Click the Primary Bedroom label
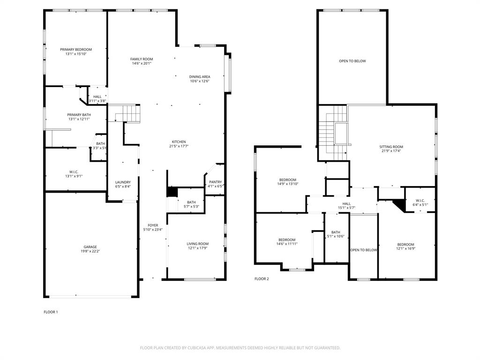point(76,49)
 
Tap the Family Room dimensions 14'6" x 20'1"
point(142,64)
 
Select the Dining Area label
point(199,76)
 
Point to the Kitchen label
point(179,142)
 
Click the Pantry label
point(215,182)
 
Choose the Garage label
point(90,247)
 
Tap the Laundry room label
point(123,182)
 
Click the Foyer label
point(153,225)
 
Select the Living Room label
point(197,243)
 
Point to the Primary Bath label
point(79,114)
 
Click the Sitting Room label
point(391,147)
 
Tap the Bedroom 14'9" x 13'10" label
point(287,180)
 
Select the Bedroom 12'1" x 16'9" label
point(405,244)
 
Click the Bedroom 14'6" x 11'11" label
point(286,240)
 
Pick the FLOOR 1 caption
point(51,312)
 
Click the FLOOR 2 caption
point(262,279)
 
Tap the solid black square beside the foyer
point(172,192)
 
